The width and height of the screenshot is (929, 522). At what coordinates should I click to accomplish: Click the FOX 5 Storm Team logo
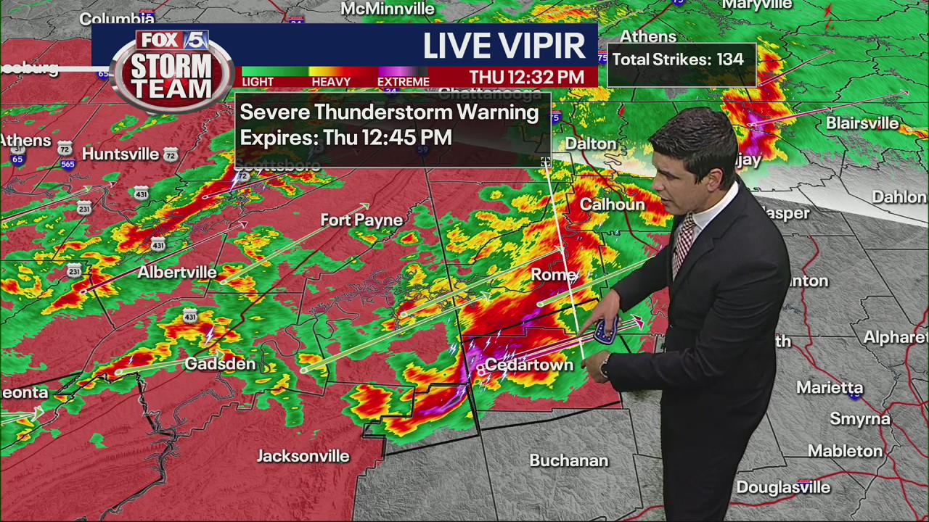pyautogui.click(x=173, y=70)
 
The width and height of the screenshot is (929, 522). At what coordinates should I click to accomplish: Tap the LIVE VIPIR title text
pyautogui.click(x=504, y=46)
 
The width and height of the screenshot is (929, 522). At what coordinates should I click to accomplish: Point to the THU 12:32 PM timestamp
pyautogui.click(x=526, y=77)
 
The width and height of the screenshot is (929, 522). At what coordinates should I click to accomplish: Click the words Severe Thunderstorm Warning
pyautogui.click(x=389, y=112)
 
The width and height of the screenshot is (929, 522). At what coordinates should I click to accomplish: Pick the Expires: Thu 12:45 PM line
pyautogui.click(x=345, y=137)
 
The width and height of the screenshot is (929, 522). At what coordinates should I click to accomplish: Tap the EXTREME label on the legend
pyautogui.click(x=403, y=82)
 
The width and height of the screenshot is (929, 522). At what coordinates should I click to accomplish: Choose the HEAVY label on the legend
pyautogui.click(x=331, y=82)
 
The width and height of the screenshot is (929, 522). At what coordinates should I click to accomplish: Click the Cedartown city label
pyautogui.click(x=528, y=365)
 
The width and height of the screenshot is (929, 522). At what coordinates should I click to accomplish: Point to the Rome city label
pyautogui.click(x=554, y=275)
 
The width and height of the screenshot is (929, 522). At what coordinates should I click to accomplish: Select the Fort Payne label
pyautogui.click(x=361, y=220)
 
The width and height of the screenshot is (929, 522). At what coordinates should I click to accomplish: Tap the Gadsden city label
pyautogui.click(x=220, y=364)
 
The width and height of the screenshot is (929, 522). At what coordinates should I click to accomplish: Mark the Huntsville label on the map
pyautogui.click(x=120, y=154)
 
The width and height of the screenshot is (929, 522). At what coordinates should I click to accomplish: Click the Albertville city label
pyautogui.click(x=177, y=272)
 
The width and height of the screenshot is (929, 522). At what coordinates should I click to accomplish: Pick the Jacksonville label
pyautogui.click(x=303, y=456)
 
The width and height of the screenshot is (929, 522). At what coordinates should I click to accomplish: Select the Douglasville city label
pyautogui.click(x=783, y=487)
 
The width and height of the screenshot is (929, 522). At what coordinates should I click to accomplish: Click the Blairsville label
pyautogui.click(x=862, y=123)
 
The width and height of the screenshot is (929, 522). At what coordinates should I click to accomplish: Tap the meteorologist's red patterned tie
pyautogui.click(x=682, y=243)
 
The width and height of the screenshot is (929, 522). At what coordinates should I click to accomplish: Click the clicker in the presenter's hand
pyautogui.click(x=606, y=331)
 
